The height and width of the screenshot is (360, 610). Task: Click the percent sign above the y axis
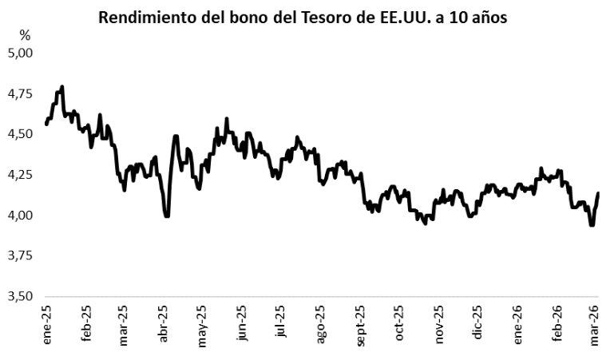point(25,35)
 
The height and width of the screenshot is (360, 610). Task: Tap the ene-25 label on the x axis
point(47,327)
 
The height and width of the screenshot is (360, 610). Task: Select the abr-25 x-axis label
point(164,327)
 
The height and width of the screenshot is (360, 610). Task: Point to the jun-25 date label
point(242,327)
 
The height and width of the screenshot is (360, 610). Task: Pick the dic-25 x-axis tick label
point(477,327)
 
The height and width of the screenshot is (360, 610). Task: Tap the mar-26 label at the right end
point(595,327)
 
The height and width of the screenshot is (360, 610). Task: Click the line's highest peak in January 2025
point(61,87)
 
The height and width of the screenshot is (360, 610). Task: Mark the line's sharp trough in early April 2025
point(166,216)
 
